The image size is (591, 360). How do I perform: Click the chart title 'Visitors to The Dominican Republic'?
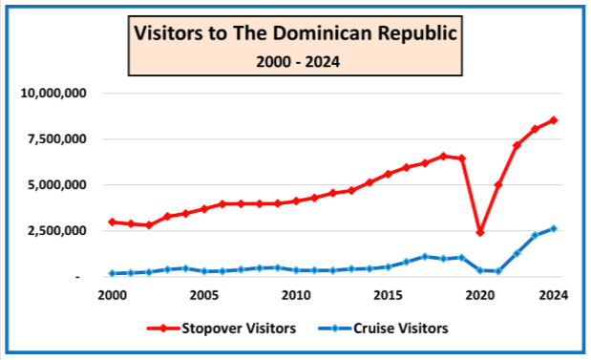coord(295,33)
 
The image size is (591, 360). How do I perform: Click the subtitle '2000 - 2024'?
coord(295,61)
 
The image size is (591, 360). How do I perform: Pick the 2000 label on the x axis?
coord(112,295)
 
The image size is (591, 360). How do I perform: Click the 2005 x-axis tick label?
coord(204,295)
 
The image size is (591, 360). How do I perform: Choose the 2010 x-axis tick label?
coord(296,295)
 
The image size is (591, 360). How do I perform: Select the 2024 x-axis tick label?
coord(554,295)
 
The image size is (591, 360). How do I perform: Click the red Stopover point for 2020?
coord(480,233)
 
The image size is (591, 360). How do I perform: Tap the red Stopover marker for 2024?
coord(554,120)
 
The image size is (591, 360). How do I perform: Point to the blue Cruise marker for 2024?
coord(554,228)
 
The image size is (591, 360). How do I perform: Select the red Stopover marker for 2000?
coord(112,222)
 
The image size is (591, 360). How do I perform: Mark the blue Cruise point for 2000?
coord(112,273)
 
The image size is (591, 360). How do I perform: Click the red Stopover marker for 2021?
coord(498,184)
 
